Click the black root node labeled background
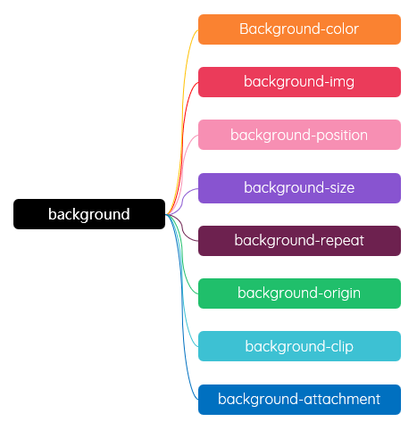(x=89, y=214)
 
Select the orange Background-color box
(x=299, y=29)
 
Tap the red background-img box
(x=299, y=82)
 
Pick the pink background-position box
(x=299, y=135)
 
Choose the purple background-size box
(x=299, y=188)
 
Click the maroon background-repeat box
(x=299, y=241)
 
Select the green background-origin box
(x=299, y=294)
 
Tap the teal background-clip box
(x=299, y=346)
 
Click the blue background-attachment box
(x=299, y=400)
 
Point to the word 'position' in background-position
(x=342, y=136)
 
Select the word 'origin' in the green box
(x=342, y=294)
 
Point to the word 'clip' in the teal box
(x=342, y=346)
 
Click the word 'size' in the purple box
(x=342, y=188)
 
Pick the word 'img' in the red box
(x=342, y=82)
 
